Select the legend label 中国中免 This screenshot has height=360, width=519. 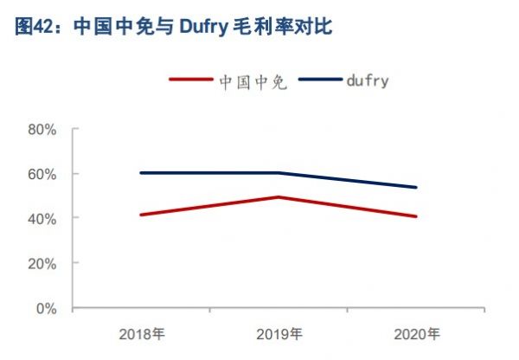[247, 81]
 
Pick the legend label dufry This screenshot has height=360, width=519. [366, 81]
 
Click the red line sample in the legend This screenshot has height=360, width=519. [191, 81]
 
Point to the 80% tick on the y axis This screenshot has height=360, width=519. [42, 129]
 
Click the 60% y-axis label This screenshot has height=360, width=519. [42, 174]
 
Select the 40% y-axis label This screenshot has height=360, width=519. [42, 219]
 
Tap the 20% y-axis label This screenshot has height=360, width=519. [42, 263]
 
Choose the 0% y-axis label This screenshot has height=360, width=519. [46, 308]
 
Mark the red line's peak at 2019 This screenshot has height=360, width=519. [279, 197]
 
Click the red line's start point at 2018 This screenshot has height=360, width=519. [141, 215]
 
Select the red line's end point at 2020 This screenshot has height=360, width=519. [416, 216]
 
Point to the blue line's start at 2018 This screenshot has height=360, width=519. [141, 173]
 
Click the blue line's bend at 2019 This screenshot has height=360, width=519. [279, 173]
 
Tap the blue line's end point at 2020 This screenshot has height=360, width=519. [416, 187]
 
